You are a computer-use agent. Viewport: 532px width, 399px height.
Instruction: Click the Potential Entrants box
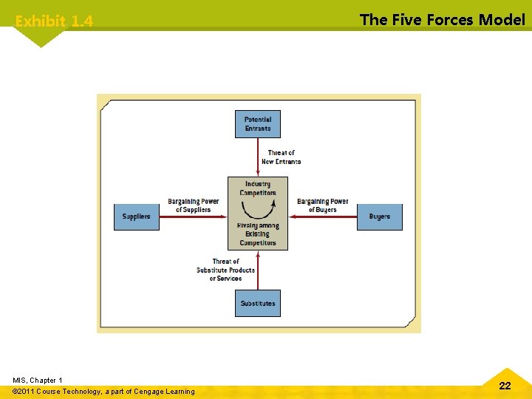(x=258, y=124)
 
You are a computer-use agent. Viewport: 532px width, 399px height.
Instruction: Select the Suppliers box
(x=136, y=216)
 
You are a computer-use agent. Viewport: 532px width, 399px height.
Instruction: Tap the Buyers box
(x=380, y=216)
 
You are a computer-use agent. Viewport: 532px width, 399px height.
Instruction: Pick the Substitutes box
(x=258, y=303)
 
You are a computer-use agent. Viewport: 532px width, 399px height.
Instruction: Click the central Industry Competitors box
(x=258, y=213)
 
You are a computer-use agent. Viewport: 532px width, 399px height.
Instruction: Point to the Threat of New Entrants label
(x=281, y=157)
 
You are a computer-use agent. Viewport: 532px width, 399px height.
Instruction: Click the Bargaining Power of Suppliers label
(x=193, y=205)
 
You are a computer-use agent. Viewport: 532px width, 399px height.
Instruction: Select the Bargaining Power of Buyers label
(x=323, y=205)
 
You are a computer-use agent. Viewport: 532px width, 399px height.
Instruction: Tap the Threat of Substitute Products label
(x=225, y=270)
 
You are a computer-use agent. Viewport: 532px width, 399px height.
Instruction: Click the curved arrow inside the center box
(x=258, y=202)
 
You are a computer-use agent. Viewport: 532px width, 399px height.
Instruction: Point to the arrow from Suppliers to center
(x=193, y=216)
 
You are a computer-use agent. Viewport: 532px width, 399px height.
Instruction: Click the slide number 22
(x=505, y=385)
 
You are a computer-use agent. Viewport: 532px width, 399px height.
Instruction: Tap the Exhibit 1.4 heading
(x=54, y=21)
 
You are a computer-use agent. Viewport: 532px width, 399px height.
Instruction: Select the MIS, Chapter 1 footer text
(x=38, y=380)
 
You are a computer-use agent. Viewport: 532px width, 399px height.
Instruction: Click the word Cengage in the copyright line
(x=149, y=391)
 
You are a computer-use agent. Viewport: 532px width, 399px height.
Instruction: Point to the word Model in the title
(x=502, y=20)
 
